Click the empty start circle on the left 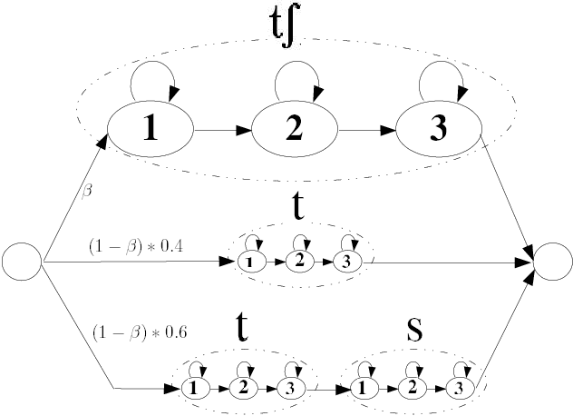click(x=22, y=262)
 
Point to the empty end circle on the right click(x=552, y=262)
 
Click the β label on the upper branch click(x=87, y=193)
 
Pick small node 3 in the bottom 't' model click(x=289, y=388)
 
